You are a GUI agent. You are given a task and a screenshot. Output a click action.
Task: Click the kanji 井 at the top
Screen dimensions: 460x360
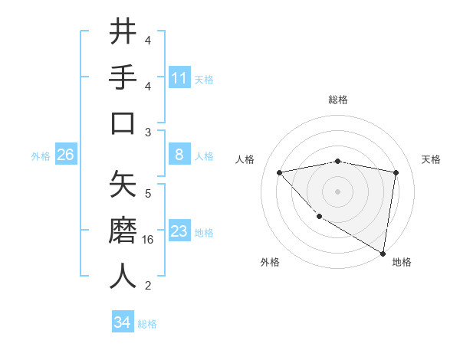pos(123,31)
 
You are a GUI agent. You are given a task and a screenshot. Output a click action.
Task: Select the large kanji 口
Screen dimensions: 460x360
pos(123,123)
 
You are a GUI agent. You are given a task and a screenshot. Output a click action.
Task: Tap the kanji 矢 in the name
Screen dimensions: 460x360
pos(123,185)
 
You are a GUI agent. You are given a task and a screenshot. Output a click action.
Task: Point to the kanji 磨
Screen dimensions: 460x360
pos(123,231)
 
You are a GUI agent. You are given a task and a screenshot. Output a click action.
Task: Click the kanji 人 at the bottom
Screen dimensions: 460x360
pos(123,277)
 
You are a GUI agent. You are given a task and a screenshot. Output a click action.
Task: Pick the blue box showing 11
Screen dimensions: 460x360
pos(179,77)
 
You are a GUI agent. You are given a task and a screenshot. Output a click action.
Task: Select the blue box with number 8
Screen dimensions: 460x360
pos(179,155)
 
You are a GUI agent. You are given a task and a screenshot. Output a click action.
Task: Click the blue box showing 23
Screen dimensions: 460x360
pos(179,231)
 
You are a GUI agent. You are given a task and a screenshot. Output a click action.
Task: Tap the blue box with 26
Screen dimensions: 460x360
pos(65,155)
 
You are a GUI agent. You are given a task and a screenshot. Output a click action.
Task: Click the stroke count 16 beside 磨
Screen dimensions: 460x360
pos(149,240)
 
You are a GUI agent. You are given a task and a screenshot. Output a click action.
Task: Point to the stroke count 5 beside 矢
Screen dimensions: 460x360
pos(148,193)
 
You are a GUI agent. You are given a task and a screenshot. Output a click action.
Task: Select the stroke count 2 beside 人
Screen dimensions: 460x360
pos(148,286)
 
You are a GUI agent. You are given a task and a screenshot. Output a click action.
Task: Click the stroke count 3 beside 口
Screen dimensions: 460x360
pos(148,132)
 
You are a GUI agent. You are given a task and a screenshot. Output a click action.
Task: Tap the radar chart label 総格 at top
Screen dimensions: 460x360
pos(338,100)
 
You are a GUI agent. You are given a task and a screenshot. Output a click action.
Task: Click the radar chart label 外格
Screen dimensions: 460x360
pos(270,262)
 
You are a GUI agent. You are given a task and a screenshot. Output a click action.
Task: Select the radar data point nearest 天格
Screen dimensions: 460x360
pos(396,172)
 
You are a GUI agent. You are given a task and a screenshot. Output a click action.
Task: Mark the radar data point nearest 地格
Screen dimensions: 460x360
pos(383,253)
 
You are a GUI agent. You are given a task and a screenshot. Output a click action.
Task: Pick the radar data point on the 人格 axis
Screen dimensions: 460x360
pos(279,172)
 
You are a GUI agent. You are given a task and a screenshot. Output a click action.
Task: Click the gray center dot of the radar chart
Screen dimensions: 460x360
pos(337,191)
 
